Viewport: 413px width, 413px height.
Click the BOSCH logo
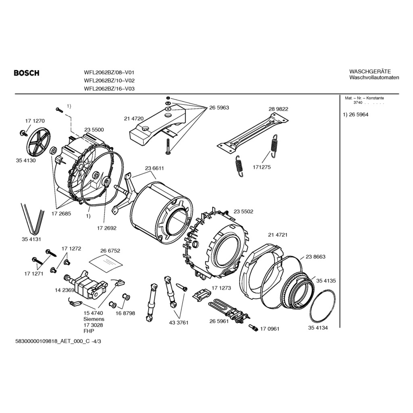[27, 73]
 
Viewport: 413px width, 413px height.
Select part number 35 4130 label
[26, 161]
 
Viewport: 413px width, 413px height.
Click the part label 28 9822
[278, 109]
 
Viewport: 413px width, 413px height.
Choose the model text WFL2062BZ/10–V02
[109, 81]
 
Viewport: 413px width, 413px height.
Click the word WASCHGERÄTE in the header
[370, 71]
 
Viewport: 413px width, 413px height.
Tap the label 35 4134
[318, 328]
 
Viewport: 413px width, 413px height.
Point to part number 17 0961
[269, 329]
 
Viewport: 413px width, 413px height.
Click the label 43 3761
[179, 322]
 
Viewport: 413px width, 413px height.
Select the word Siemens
[94, 319]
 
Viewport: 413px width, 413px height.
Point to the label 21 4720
[133, 119]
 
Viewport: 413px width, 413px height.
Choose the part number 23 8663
[315, 257]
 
